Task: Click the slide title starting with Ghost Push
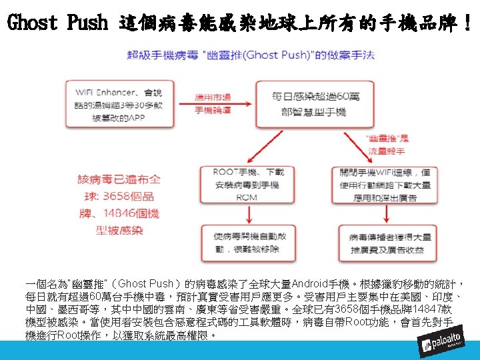[240, 24]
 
